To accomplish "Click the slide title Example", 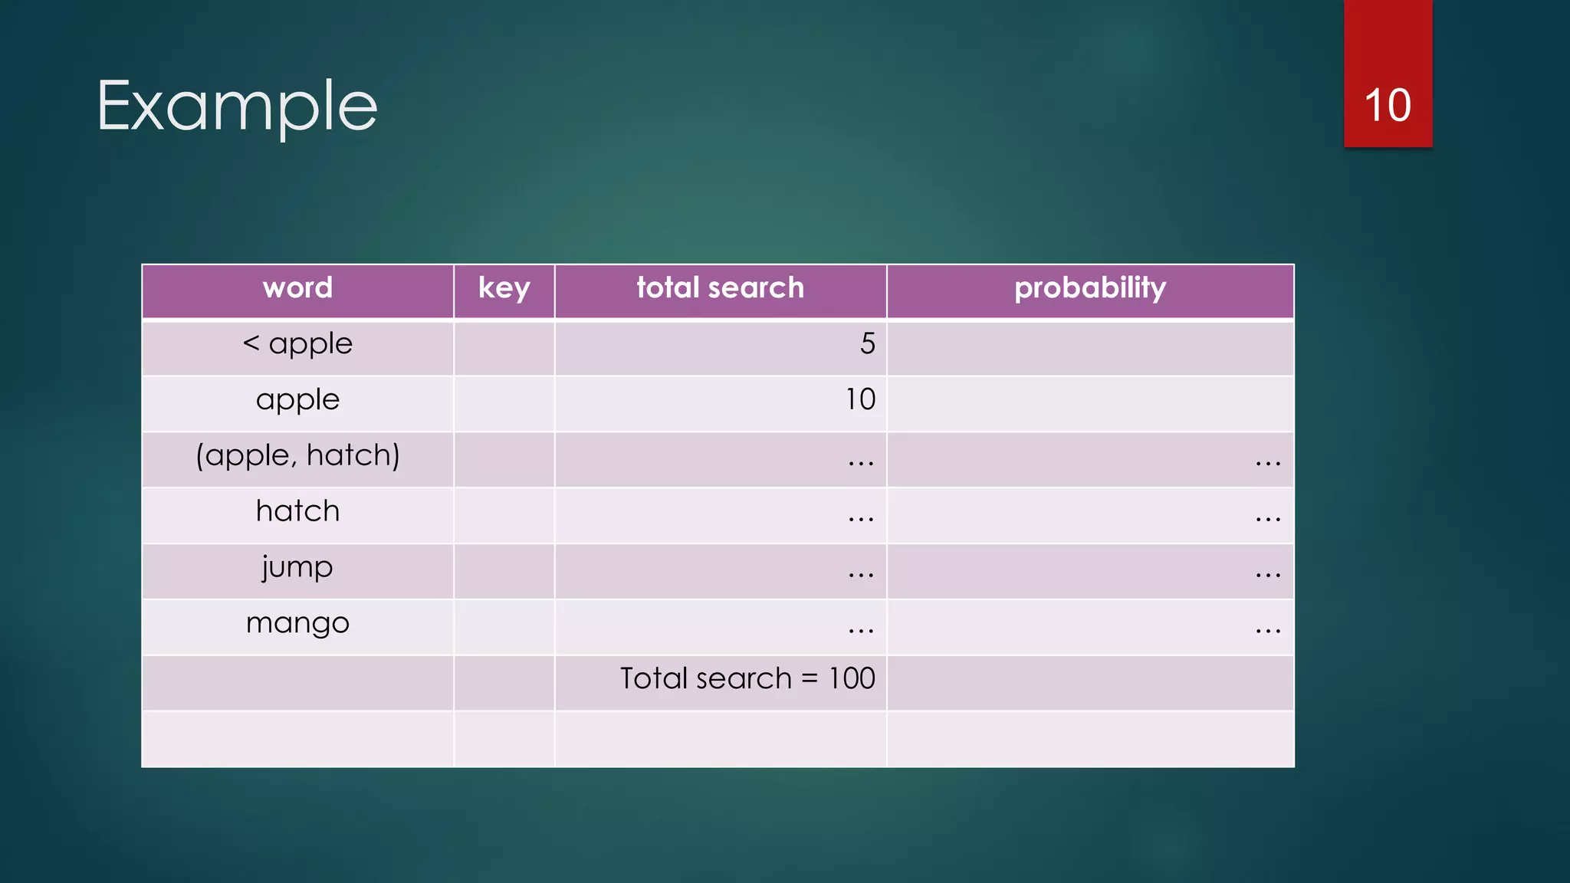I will [x=237, y=107].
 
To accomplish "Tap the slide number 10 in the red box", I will [x=1387, y=106].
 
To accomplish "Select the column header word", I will [x=297, y=288].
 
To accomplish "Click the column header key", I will [x=504, y=288].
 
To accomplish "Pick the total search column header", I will [x=720, y=288].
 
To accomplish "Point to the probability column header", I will [x=1089, y=288].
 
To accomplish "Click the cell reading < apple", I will [x=297, y=344].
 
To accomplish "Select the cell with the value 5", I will [x=867, y=344].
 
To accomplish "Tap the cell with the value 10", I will [x=860, y=400].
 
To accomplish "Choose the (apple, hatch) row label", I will [x=297, y=456].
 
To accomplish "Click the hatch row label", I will [x=297, y=511].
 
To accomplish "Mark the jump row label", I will [x=297, y=568].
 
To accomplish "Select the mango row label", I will [x=297, y=623].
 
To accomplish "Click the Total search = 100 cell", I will [x=747, y=679].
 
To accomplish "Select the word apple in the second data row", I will [x=297, y=400].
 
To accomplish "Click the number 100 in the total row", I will [x=852, y=679].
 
